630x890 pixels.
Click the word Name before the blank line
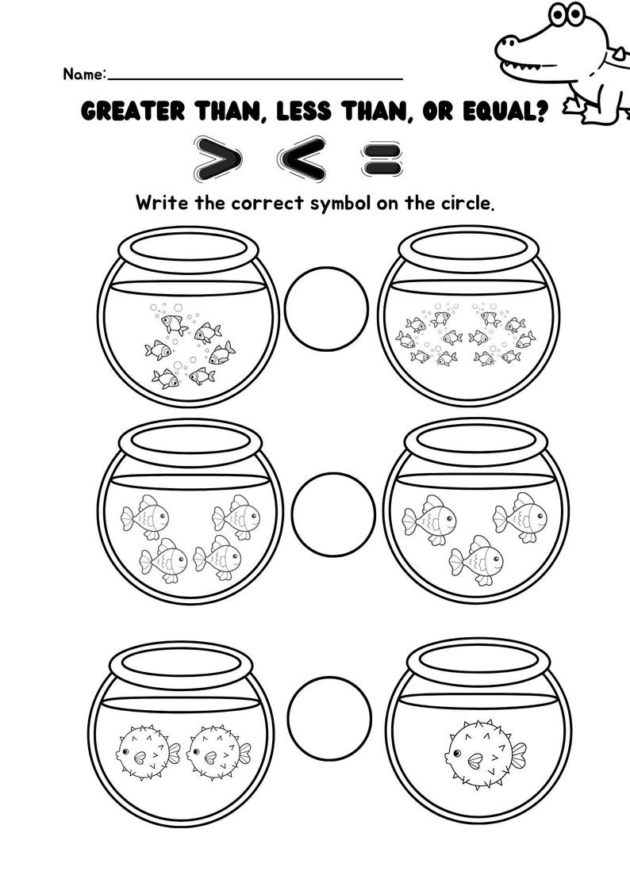pos(83,74)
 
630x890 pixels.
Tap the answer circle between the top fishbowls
pos(326,305)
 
